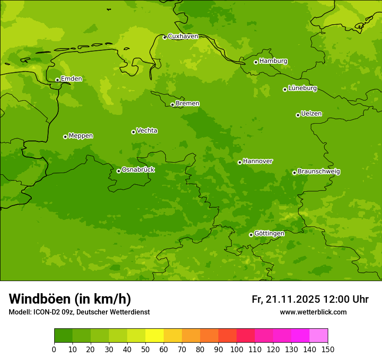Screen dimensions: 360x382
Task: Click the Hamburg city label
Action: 273,61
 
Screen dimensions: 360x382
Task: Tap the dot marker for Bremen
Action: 172,105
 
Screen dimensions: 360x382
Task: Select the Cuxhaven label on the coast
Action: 183,36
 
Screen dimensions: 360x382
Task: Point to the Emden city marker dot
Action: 57,80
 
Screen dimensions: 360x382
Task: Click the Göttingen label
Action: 269,234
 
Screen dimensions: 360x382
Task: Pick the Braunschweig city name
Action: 319,172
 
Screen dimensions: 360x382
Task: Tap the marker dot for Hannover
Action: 240,162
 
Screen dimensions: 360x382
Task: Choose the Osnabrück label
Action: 138,170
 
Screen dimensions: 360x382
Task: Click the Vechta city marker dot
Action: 133,132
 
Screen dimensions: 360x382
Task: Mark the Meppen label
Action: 81,136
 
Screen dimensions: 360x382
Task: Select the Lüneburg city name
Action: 302,88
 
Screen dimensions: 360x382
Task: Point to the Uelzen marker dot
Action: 298,115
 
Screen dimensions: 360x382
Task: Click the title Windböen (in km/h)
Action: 70,299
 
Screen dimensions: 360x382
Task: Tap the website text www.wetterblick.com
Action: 313,312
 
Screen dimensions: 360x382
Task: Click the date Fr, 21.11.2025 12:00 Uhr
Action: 310,299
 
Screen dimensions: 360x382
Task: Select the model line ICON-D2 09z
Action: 79,312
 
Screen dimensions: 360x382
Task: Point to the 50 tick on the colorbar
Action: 145,349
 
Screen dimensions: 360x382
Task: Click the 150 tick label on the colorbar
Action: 328,349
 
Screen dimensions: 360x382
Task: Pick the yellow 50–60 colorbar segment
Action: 155,336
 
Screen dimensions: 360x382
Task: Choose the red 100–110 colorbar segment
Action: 246,336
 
